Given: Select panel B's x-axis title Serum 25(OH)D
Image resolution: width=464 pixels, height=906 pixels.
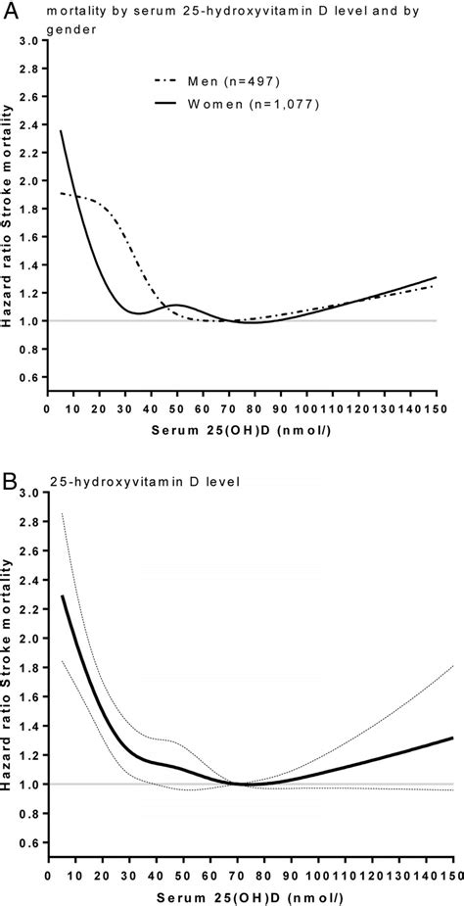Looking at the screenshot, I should pos(250,895).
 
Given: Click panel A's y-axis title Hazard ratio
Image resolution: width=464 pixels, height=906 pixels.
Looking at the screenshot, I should pos(8,225).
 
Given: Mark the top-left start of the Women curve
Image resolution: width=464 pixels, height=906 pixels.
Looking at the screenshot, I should pos(61,131).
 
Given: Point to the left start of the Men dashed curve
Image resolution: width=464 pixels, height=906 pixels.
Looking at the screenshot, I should pos(61,193).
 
